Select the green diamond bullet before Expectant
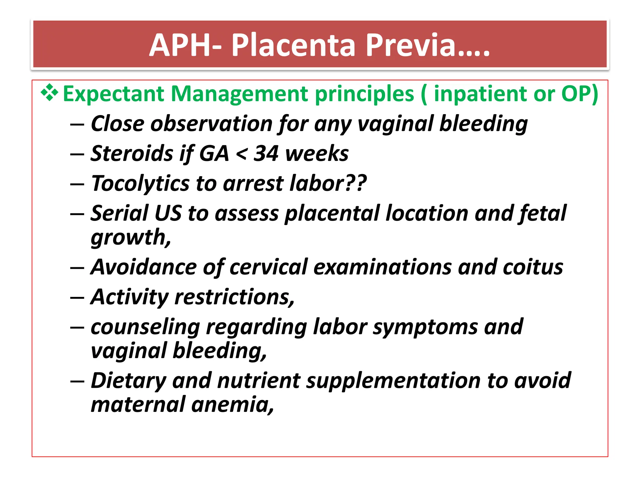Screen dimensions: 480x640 49,93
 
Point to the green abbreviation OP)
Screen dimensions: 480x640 580,93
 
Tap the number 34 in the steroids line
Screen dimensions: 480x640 266,153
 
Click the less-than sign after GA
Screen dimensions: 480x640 241,154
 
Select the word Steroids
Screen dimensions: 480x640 132,153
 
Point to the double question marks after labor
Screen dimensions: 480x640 356,183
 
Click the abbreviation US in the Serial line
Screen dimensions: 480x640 168,213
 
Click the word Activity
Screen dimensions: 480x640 129,297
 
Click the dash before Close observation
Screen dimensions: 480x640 77,125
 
